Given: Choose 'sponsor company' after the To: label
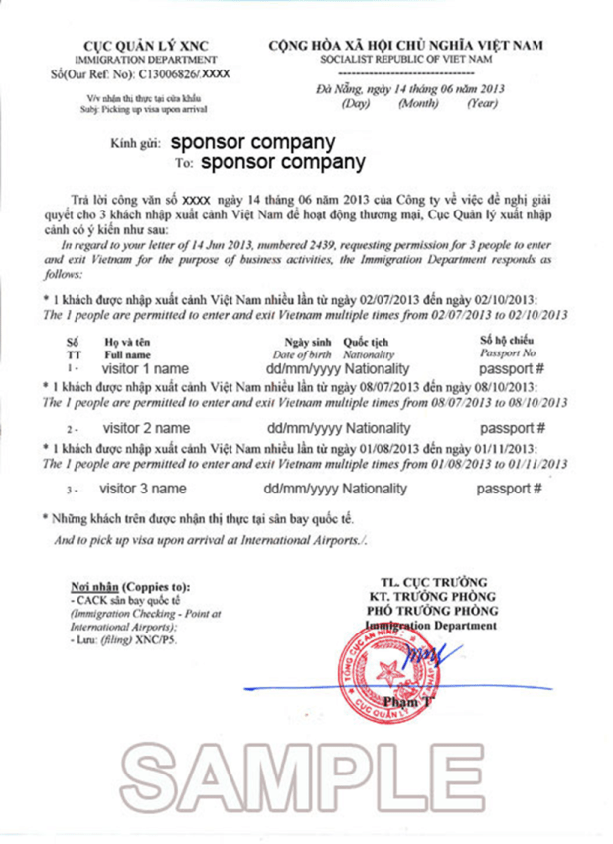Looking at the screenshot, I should click(282, 161).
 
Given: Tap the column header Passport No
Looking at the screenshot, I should click(508, 353).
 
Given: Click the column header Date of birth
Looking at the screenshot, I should click(304, 353).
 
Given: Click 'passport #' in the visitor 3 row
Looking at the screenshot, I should click(509, 489).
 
